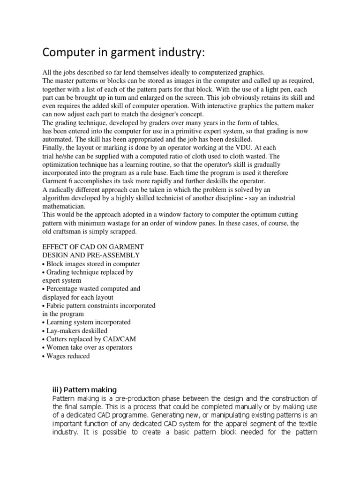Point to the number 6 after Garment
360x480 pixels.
71,181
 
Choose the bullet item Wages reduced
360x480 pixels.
68,356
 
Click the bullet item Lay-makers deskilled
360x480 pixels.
77,330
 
